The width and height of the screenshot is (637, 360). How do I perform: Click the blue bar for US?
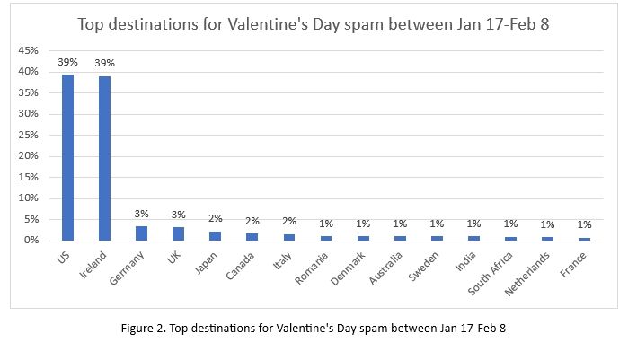click(x=67, y=157)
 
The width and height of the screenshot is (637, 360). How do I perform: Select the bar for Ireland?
click(x=104, y=158)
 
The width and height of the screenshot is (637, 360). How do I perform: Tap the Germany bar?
click(x=141, y=233)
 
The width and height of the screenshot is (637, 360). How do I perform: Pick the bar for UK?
click(x=178, y=233)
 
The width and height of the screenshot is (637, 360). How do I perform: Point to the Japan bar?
click(x=215, y=235)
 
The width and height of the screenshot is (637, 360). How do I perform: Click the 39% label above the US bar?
click(x=67, y=63)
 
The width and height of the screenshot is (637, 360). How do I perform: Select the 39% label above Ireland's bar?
click(x=105, y=63)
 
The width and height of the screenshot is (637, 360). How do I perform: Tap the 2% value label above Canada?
click(x=252, y=221)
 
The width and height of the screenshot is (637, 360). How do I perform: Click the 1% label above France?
click(x=584, y=225)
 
